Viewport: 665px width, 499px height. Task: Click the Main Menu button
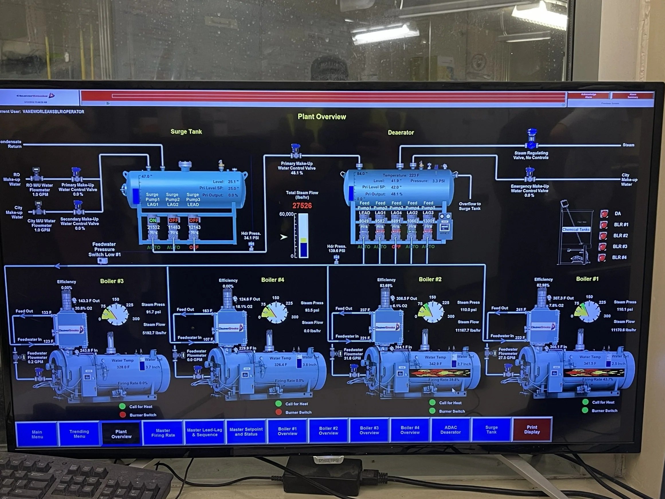pyautogui.click(x=37, y=434)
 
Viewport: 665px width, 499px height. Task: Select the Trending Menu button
pyautogui.click(x=79, y=434)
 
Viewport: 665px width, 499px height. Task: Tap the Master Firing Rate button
pyautogui.click(x=163, y=433)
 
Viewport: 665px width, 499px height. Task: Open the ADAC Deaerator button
pyautogui.click(x=450, y=430)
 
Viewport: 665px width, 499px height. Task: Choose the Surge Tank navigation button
pyautogui.click(x=491, y=430)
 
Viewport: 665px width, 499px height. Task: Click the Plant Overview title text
pyautogui.click(x=322, y=117)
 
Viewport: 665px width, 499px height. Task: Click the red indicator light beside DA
pyautogui.click(x=604, y=214)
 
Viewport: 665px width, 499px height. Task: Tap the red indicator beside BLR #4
pyautogui.click(x=602, y=257)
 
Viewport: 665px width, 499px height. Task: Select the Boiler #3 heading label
pyautogui.click(x=112, y=281)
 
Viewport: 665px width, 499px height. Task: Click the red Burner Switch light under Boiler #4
pyautogui.click(x=279, y=412)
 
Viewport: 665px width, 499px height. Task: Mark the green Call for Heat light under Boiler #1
pyautogui.click(x=585, y=402)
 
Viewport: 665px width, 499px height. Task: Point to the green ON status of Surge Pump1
pyautogui.click(x=153, y=220)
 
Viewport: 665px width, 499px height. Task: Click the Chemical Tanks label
pyautogui.click(x=576, y=230)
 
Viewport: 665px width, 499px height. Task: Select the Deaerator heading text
pyautogui.click(x=401, y=133)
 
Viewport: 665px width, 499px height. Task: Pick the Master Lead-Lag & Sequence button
pyautogui.click(x=205, y=432)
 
